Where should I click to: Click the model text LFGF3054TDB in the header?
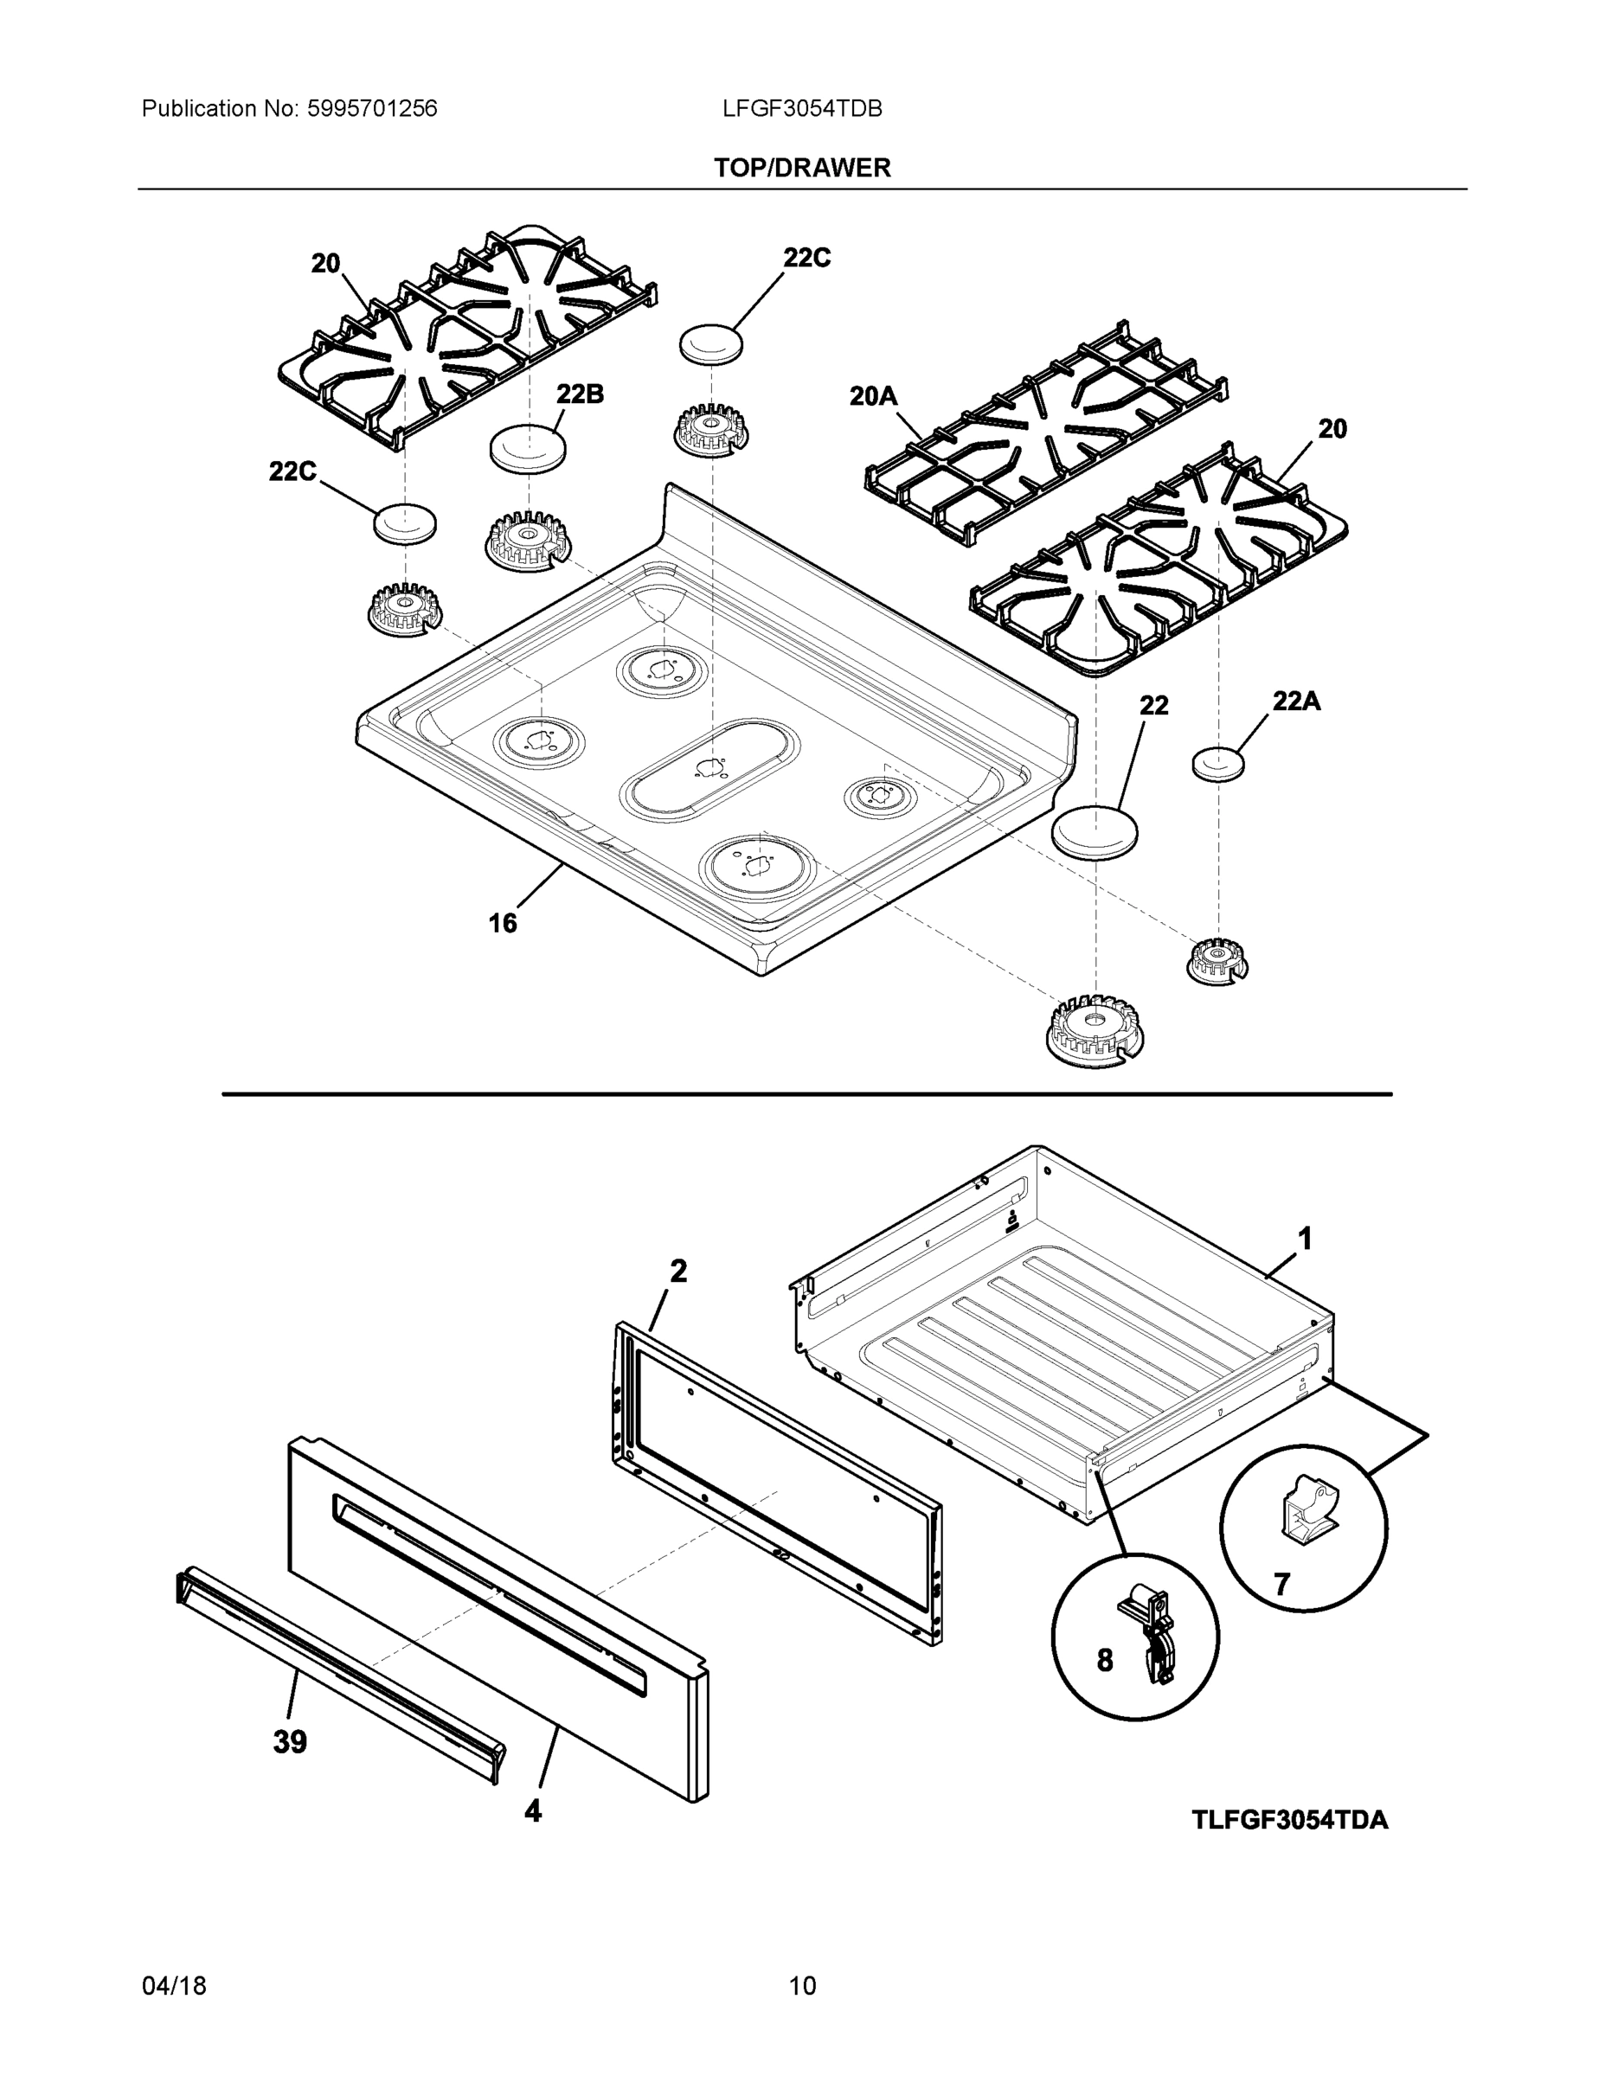[x=801, y=109]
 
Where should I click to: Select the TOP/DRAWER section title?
[x=801, y=169]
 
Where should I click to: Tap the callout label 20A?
[x=873, y=396]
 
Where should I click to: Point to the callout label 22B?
[x=579, y=394]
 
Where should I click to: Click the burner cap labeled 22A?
[x=1218, y=763]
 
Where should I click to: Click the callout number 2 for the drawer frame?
[x=678, y=1271]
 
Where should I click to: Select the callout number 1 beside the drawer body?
[x=1306, y=1239]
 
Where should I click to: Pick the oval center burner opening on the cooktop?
[x=708, y=766]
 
